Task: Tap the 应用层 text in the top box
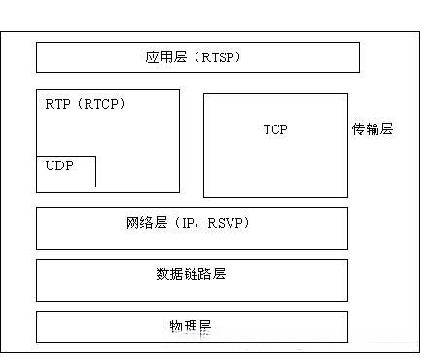point(161,58)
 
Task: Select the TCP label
point(275,129)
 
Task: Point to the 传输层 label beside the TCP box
point(373,129)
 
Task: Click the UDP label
point(59,166)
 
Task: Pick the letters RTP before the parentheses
point(57,103)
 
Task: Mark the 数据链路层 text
point(191,274)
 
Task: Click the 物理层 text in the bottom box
point(191,324)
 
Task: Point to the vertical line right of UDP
point(95,171)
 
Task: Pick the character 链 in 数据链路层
point(191,274)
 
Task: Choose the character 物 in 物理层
point(176,324)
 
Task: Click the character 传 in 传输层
point(359,129)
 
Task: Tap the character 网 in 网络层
point(132,224)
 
